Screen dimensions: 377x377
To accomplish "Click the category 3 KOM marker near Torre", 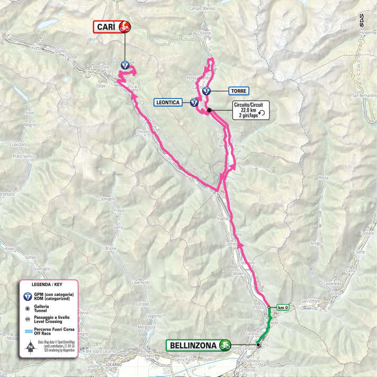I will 206,91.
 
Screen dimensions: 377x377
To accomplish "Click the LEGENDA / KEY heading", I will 47,284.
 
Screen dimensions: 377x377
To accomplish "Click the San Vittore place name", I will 311,301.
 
